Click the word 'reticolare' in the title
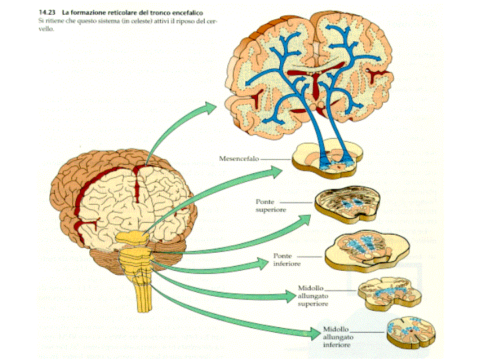[111, 12]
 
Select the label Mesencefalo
[239, 159]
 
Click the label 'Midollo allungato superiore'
[313, 297]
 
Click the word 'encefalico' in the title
[180, 12]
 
